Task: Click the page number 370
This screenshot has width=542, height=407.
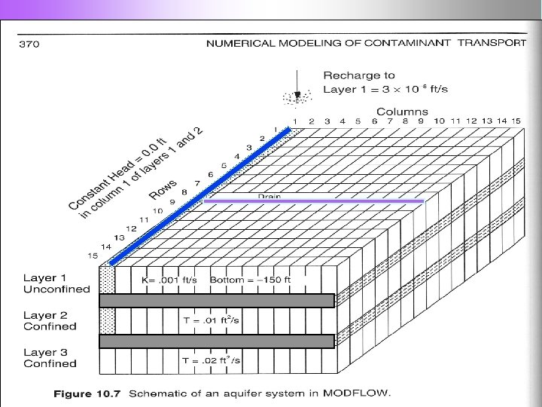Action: click(29, 44)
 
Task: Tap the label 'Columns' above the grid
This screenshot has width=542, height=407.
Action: click(402, 112)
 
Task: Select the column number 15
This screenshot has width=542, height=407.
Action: click(515, 121)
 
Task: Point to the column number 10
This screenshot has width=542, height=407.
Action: click(439, 121)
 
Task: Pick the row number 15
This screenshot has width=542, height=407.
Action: click(93, 256)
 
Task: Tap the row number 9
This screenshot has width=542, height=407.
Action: click(172, 202)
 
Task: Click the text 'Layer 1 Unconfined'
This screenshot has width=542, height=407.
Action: click(56, 283)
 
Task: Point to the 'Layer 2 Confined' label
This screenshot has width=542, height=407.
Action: click(50, 321)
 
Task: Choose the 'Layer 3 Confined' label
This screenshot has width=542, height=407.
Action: click(50, 358)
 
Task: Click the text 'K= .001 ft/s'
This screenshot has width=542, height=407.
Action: click(169, 280)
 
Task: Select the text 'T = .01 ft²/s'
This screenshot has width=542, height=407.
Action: click(212, 320)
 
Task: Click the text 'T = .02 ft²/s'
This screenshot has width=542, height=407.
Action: click(212, 361)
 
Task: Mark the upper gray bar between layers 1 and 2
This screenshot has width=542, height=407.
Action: click(217, 301)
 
